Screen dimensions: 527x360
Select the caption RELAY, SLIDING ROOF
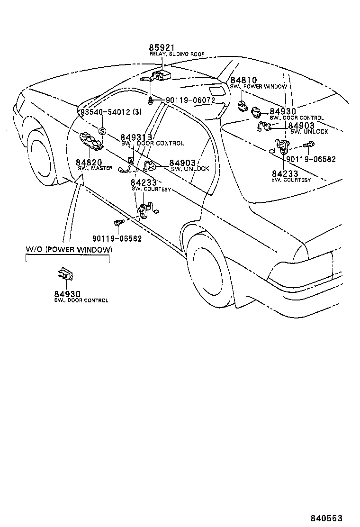point(177,55)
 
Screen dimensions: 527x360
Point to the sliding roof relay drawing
point(158,76)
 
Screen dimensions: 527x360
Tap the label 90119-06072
point(190,100)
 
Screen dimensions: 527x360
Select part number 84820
point(90,162)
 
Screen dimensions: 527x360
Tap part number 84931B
point(136,137)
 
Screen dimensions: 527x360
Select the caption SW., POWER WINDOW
point(259,87)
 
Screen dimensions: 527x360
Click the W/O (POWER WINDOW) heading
point(69,250)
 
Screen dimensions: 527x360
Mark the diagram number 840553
point(326,518)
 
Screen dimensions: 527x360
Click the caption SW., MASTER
point(95,169)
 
